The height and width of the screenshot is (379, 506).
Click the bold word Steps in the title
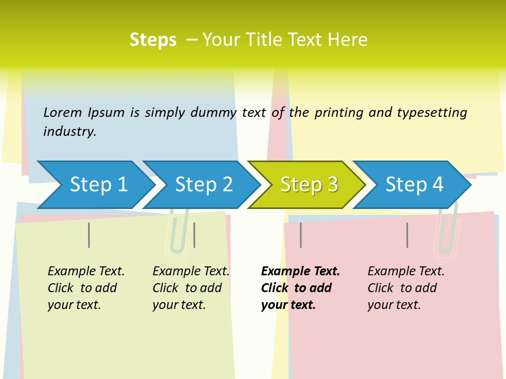(153, 39)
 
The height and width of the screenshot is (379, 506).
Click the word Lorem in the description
(62, 112)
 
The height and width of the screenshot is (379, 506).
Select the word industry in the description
(70, 131)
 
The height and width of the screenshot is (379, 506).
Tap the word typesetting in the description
(432, 112)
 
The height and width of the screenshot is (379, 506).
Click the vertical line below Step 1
(89, 235)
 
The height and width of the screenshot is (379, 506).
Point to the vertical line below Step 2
(194, 235)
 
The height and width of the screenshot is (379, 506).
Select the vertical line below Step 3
(300, 235)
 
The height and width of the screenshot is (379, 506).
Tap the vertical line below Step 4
(407, 235)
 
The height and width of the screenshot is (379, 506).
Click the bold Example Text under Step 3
(300, 271)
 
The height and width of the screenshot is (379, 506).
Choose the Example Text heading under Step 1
(86, 271)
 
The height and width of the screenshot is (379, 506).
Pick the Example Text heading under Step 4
(406, 271)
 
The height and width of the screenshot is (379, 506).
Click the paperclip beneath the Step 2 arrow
(178, 237)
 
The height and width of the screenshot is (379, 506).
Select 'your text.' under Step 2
(179, 305)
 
